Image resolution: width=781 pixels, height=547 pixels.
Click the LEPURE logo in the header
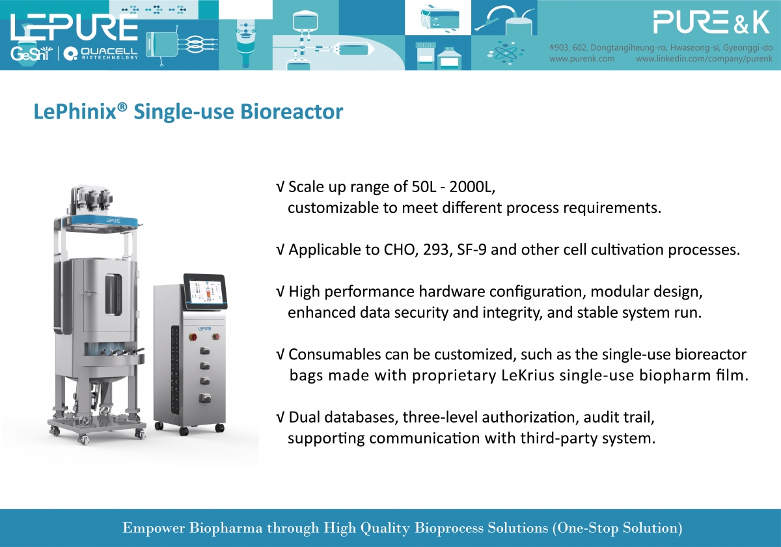(x=74, y=27)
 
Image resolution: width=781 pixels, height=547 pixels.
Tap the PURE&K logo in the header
(x=711, y=22)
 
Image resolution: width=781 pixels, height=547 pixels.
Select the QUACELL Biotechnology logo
(x=101, y=53)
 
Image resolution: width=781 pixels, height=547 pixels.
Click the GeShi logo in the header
(x=31, y=53)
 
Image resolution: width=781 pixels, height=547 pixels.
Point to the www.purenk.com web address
(x=582, y=59)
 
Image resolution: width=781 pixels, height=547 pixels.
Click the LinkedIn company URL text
(x=704, y=59)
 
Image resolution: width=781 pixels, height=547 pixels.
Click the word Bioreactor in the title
(x=292, y=111)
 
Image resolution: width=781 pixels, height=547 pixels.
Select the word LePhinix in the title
(x=75, y=111)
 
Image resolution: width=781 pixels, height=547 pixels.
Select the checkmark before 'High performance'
(x=281, y=292)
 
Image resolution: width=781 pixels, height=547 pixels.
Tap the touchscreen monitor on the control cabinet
(x=206, y=292)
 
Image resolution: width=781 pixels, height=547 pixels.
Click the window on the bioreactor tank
(x=114, y=294)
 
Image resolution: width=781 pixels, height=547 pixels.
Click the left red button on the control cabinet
(x=193, y=337)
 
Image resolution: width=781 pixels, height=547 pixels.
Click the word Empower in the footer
(x=154, y=528)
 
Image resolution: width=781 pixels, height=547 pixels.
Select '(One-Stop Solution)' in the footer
(x=618, y=528)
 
